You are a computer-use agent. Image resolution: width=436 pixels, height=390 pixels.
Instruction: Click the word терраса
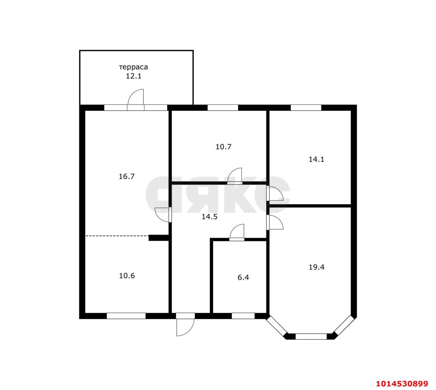point(134,67)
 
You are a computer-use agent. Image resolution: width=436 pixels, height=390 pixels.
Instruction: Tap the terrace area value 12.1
point(134,76)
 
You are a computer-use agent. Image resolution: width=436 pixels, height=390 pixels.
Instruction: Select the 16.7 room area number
point(126,176)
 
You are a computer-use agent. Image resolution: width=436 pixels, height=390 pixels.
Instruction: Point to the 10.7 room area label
point(223,147)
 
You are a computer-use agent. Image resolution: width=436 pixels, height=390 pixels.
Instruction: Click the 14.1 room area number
point(316,159)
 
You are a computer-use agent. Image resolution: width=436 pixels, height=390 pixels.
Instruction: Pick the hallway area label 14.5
point(209,217)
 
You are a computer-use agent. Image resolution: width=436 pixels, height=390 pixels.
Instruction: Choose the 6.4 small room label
point(243,277)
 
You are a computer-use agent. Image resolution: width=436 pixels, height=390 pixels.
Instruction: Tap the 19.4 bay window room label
point(316,267)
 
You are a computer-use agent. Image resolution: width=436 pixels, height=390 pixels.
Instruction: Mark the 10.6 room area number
point(127,276)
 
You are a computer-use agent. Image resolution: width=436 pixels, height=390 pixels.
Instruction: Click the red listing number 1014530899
point(402,384)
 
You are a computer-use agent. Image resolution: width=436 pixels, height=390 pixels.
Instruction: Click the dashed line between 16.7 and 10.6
point(117,236)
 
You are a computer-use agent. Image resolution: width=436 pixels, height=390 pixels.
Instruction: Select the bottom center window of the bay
point(311,336)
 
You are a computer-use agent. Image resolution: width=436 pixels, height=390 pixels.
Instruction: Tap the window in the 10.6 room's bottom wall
point(126,316)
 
